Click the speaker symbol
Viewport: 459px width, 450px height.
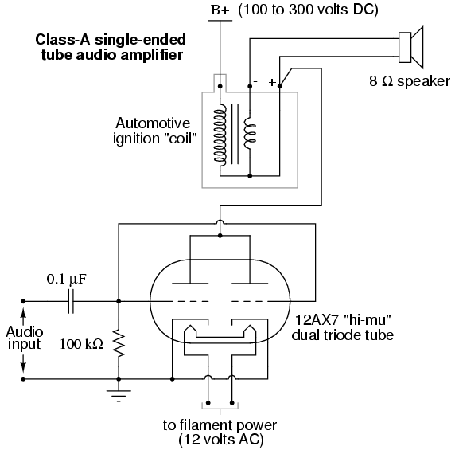410,48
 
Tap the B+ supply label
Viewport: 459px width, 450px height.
220,11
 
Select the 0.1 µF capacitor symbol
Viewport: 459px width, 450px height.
71,301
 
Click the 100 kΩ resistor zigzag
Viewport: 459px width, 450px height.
119,343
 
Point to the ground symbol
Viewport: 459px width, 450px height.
119,396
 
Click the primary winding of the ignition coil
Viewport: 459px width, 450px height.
220,135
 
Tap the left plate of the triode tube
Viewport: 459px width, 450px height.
190,284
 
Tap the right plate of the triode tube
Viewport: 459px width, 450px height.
250,284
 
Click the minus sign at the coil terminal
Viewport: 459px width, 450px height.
255,81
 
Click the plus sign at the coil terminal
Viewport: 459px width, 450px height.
272,82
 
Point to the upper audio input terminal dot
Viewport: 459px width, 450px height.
23,301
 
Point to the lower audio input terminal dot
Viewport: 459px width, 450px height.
23,379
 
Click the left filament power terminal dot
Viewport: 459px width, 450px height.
208,402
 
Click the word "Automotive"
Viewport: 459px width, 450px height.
153,123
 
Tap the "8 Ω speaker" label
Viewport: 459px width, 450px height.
410,81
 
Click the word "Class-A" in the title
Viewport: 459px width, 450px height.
63,40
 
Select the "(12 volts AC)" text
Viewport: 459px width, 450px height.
221,440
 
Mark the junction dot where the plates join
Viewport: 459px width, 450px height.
220,236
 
